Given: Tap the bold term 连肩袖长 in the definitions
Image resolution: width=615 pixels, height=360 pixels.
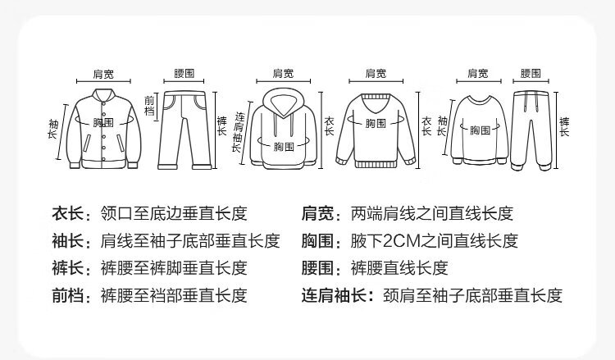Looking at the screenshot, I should point(335,295).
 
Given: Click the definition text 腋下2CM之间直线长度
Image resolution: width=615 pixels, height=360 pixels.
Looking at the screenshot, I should point(434,241).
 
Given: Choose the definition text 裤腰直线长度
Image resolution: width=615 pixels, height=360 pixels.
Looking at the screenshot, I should point(399,268).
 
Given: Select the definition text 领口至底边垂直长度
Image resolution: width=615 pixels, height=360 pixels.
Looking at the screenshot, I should point(173,215).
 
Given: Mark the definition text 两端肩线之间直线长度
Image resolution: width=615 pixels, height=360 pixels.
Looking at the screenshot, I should point(431,215).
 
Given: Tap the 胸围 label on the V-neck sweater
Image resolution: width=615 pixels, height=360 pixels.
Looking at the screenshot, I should point(376,123).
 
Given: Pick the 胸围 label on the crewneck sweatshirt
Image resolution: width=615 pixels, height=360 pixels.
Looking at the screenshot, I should point(480,130).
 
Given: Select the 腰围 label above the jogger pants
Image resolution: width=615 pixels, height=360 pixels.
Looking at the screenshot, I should point(531,74).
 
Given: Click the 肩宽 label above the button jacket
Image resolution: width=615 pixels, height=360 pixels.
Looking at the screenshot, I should point(102,74).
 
